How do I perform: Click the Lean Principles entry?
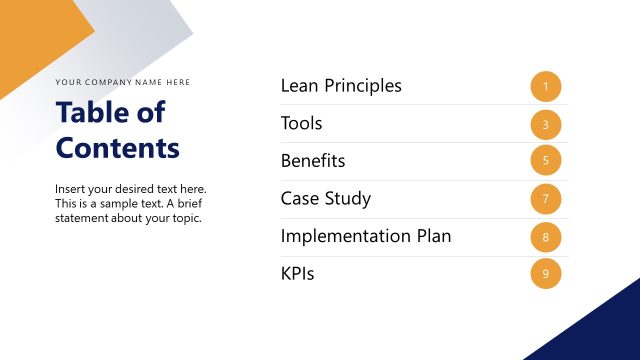click(x=341, y=86)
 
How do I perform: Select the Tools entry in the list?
click(x=301, y=124)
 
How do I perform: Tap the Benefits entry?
click(x=313, y=161)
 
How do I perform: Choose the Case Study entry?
click(x=326, y=198)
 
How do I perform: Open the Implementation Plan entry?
click(x=366, y=236)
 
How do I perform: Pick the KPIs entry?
click(x=297, y=273)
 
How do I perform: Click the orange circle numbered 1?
click(x=546, y=87)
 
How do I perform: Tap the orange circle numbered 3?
click(x=546, y=125)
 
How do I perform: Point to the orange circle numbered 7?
click(x=546, y=199)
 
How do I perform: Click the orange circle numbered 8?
click(x=546, y=237)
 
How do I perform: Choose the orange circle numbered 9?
click(x=546, y=274)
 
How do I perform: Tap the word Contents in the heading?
click(x=118, y=148)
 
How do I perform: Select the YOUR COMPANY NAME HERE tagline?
click(x=122, y=82)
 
